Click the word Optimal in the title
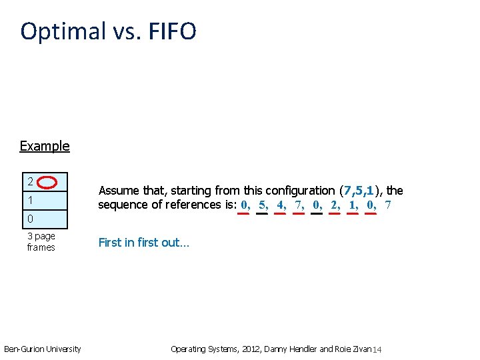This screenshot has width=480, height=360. point(63,31)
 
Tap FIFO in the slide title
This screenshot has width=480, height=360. point(169,31)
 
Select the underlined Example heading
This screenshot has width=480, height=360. point(45,146)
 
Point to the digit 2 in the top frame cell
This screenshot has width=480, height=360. point(31,181)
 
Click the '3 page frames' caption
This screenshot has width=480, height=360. point(41,241)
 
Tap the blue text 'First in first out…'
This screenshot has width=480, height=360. point(144,243)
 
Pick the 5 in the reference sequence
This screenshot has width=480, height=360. point(262,205)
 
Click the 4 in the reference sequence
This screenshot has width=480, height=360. point(280,205)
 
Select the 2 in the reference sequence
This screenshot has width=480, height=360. point(334,205)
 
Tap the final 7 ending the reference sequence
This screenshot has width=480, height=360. point(388,205)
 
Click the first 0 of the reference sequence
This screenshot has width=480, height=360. point(244,205)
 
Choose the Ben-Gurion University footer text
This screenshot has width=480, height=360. point(43,349)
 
